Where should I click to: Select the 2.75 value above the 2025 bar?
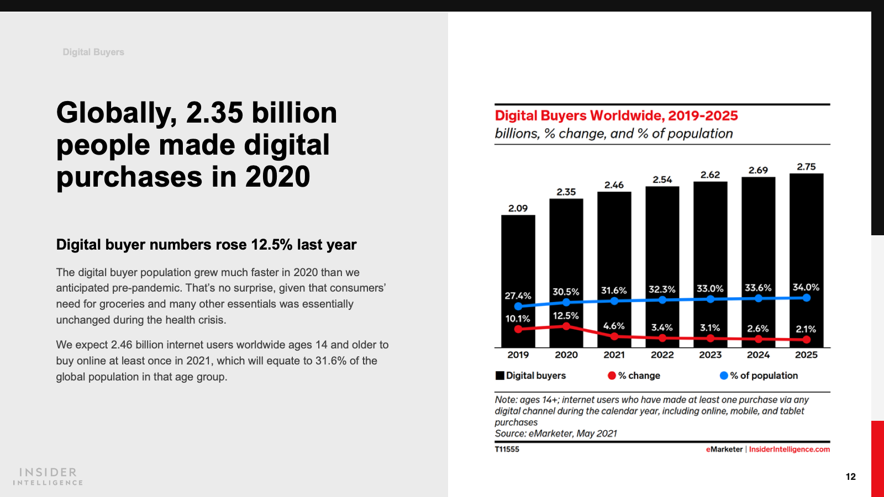pyautogui.click(x=806, y=167)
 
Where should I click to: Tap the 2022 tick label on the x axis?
pyautogui.click(x=662, y=355)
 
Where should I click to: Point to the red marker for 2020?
pyautogui.click(x=566, y=326)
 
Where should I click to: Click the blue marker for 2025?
pyautogui.click(x=806, y=298)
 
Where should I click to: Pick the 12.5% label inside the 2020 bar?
pyautogui.click(x=566, y=316)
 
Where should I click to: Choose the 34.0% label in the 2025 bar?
pyautogui.click(x=806, y=287)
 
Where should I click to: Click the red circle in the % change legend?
pyautogui.click(x=612, y=376)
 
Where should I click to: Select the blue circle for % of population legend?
pyautogui.click(x=724, y=376)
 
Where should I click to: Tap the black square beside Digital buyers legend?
pyautogui.click(x=500, y=376)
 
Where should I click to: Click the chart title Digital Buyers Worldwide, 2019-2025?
pyautogui.click(x=616, y=115)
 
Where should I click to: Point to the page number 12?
pyautogui.click(x=850, y=477)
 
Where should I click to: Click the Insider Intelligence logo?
pyautogui.click(x=48, y=477)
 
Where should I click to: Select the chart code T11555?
pyautogui.click(x=507, y=450)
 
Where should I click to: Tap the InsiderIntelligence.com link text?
pyautogui.click(x=789, y=450)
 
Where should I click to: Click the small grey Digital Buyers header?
pyautogui.click(x=93, y=52)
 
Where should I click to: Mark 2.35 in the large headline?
pyautogui.click(x=214, y=113)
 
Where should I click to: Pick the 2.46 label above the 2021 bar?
pyautogui.click(x=614, y=185)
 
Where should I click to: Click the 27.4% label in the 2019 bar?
pyautogui.click(x=518, y=296)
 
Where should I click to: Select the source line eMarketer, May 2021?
pyautogui.click(x=556, y=433)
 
